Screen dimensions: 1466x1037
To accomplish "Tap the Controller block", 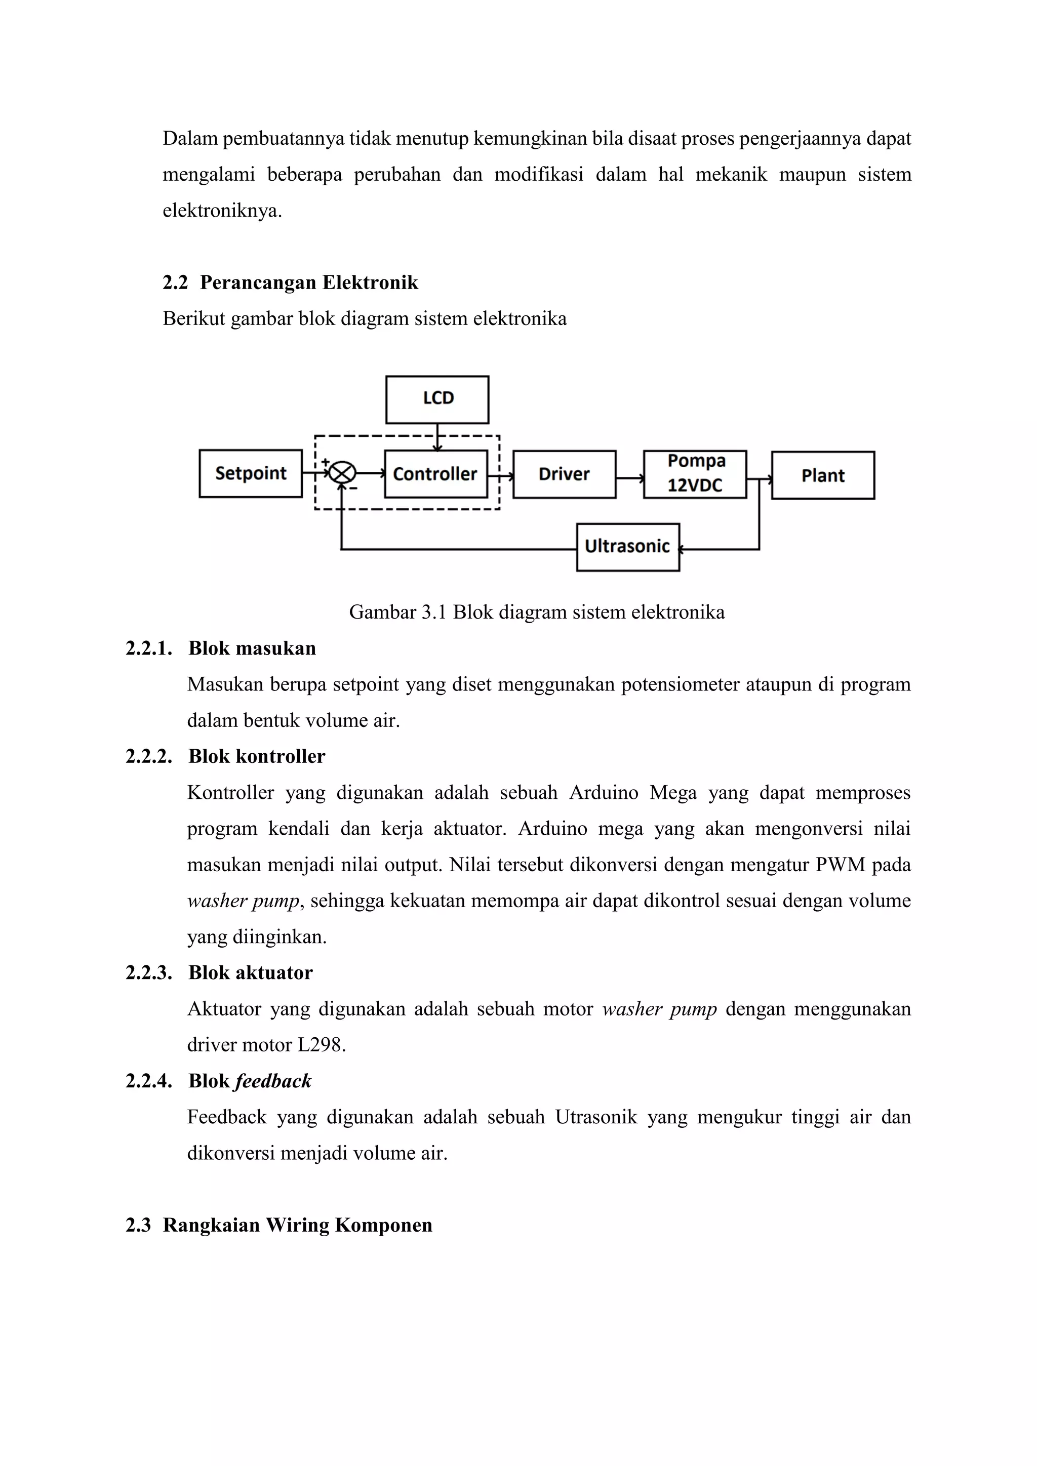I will [435, 474].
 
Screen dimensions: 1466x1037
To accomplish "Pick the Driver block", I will [564, 474].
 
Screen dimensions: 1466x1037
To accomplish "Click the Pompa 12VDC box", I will [695, 474].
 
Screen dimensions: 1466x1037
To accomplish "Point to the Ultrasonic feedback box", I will [628, 547].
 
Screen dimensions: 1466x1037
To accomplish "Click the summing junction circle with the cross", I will [343, 473].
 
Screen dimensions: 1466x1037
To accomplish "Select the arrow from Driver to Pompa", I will [629, 477].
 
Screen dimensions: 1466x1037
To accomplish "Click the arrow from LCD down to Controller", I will [437, 437].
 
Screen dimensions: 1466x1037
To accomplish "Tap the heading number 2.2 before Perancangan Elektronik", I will [175, 283].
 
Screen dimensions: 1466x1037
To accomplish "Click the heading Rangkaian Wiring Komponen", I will [298, 1225].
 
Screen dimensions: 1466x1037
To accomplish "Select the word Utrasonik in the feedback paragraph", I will [596, 1117].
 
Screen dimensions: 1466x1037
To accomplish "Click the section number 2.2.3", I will [149, 973].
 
